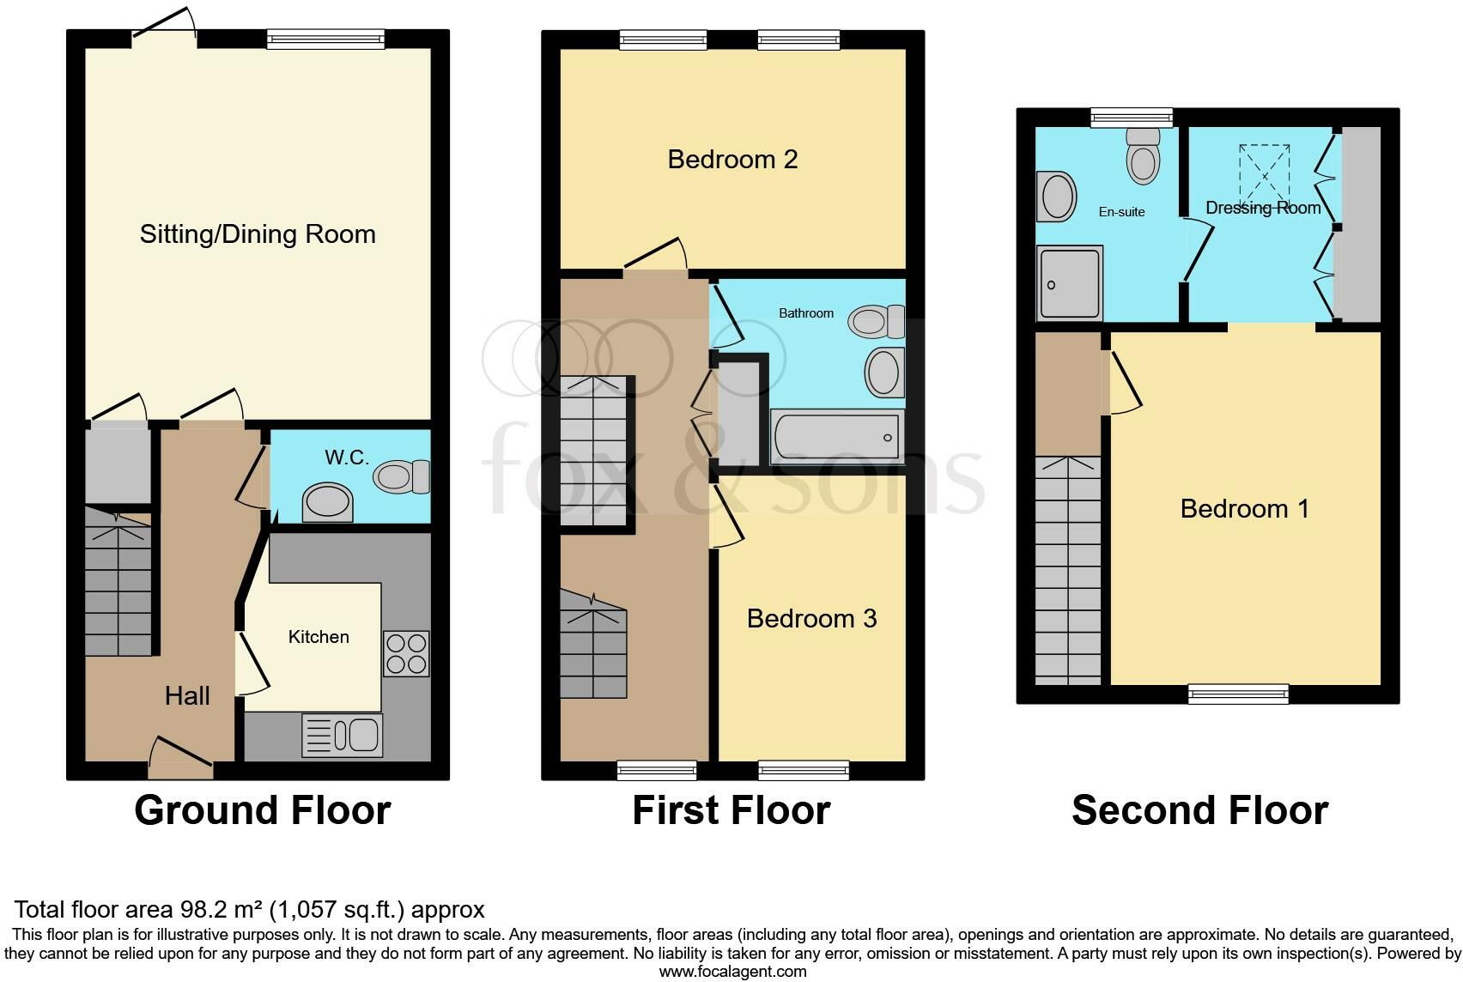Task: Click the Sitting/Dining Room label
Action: point(258,234)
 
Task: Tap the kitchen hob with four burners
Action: point(405,653)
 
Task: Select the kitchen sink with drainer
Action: point(343,736)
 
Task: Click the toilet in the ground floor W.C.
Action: point(402,476)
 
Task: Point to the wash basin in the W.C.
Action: point(328,501)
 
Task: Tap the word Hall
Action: point(187,695)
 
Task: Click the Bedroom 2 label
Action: point(732,160)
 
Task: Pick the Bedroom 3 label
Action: point(811,619)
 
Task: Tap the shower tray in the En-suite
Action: point(1069,282)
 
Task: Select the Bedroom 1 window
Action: point(1238,694)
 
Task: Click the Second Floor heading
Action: point(1199,810)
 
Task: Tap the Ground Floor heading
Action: point(262,810)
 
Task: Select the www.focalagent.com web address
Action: point(732,972)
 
